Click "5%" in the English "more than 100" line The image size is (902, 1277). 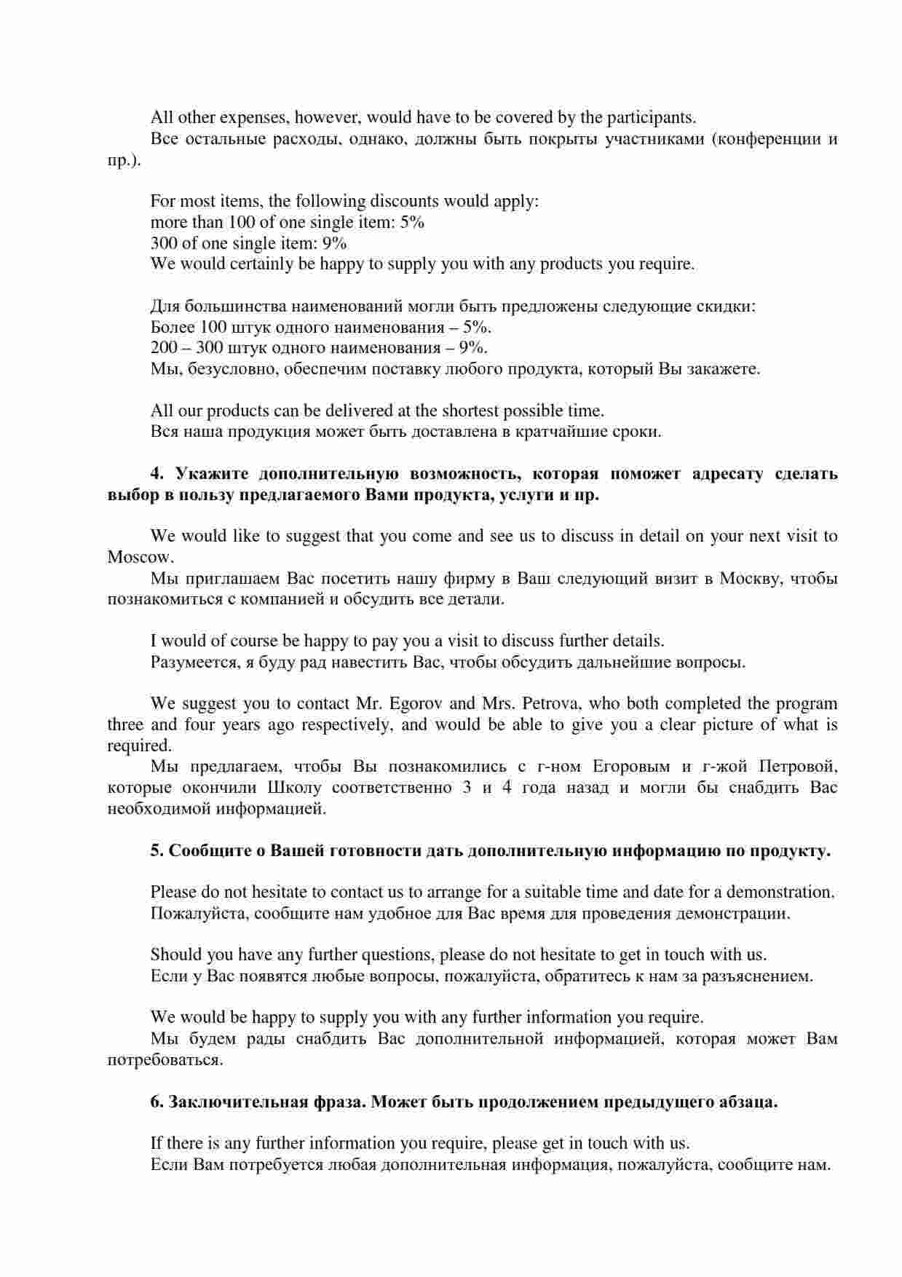[x=412, y=222]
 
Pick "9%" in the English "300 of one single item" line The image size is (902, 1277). [x=334, y=243]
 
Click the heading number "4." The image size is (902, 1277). [x=158, y=474]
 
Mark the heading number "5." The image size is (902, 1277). [x=157, y=851]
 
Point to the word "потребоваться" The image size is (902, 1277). [x=164, y=1060]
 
